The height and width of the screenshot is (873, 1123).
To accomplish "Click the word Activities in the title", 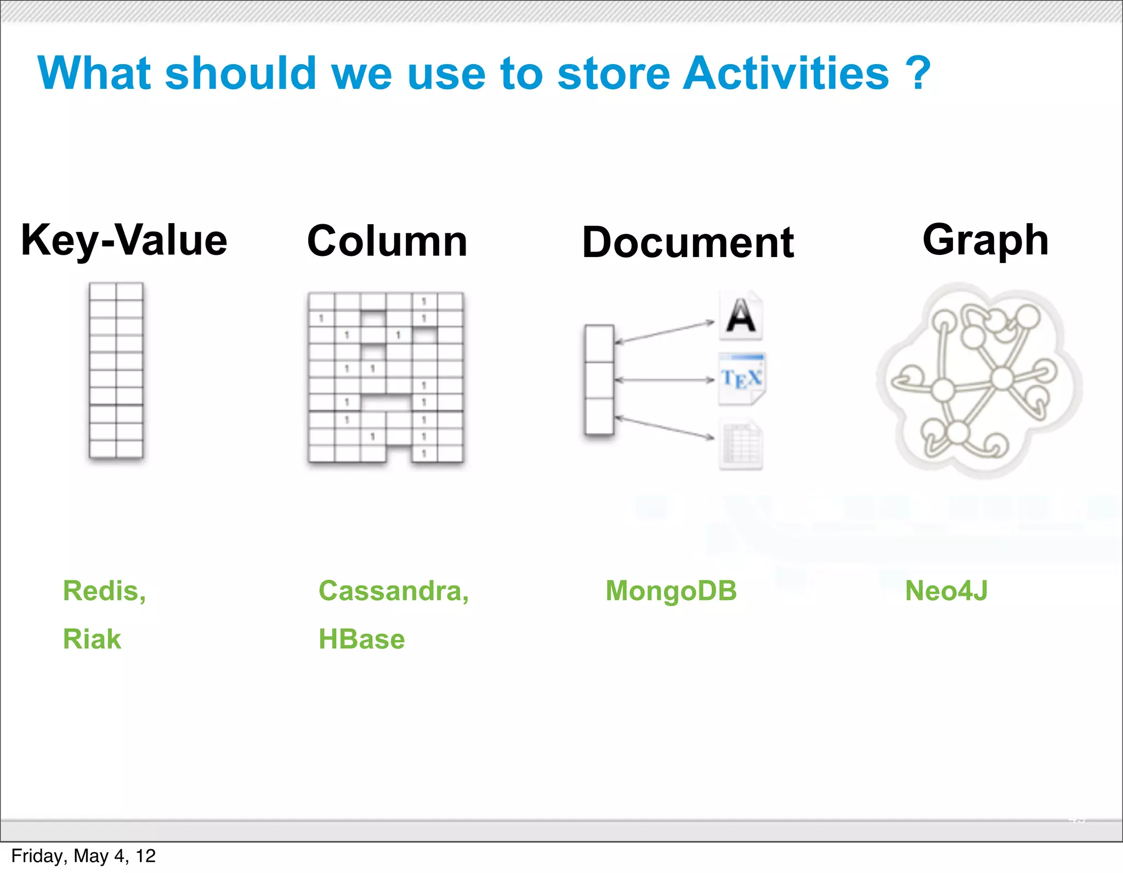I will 786,73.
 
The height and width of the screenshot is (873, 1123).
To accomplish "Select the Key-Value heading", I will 124,241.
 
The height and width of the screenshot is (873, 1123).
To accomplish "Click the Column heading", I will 387,241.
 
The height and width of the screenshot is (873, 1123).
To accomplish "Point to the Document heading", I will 688,243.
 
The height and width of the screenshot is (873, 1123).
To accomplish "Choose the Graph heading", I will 985,240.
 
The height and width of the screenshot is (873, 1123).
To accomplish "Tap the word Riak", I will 92,639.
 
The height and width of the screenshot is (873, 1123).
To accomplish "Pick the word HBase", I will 361,639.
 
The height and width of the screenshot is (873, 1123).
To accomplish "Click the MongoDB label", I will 671,591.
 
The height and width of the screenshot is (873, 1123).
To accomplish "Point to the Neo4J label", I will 946,591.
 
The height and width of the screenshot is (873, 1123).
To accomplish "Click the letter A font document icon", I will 741,316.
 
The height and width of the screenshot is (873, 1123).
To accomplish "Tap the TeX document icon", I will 741,379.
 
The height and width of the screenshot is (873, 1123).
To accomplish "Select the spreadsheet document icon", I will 741,444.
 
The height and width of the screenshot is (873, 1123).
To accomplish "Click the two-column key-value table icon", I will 116,370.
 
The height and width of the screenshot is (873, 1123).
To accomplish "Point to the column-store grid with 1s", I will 385,378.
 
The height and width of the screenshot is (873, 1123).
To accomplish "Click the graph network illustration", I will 979,380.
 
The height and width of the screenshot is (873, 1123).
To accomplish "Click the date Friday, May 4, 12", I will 83,856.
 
